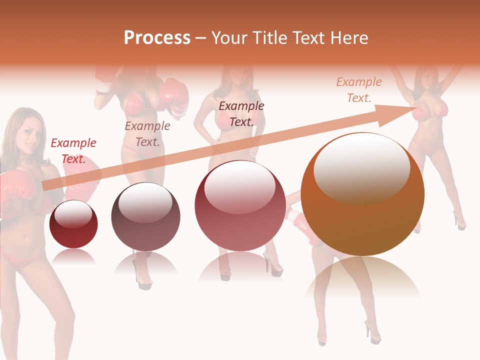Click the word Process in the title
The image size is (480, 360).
click(157, 38)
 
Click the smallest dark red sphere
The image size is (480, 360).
click(74, 224)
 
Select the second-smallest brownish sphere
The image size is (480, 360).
click(145, 216)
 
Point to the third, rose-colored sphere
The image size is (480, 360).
click(240, 205)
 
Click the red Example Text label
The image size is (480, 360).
click(73, 151)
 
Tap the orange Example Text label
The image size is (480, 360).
click(359, 90)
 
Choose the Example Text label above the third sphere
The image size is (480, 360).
click(241, 113)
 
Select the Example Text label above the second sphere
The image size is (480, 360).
click(147, 133)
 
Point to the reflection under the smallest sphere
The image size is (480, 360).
click(74, 257)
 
